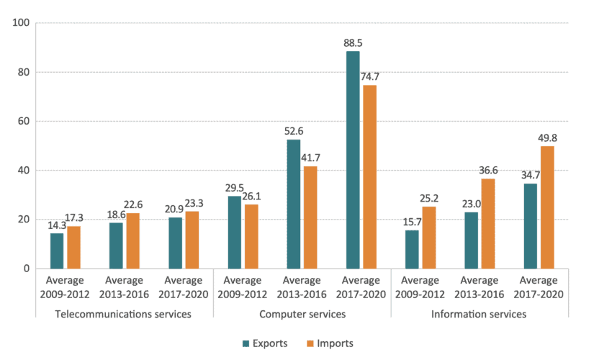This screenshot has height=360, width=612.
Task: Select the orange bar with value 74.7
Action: click(x=369, y=176)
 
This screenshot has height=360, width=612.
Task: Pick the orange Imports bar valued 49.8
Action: click(x=547, y=207)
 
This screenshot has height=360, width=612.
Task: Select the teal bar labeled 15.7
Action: click(x=412, y=249)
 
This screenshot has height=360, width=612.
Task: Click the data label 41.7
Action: click(x=310, y=158)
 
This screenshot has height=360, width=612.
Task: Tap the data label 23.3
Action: click(x=192, y=203)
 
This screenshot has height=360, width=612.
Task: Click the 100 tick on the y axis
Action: click(x=21, y=23)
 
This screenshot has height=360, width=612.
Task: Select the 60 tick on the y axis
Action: click(x=23, y=121)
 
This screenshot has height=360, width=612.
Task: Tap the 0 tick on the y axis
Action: click(x=26, y=269)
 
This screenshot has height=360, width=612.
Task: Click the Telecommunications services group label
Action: click(x=125, y=315)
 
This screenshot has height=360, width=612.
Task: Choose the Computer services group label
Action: click(x=302, y=315)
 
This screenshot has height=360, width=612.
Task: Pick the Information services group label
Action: click(x=479, y=315)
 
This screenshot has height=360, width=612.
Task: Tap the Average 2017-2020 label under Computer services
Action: click(x=361, y=287)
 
